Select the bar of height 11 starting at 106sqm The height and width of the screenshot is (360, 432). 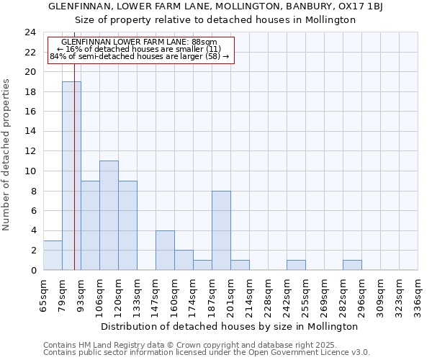pyautogui.click(x=109, y=215)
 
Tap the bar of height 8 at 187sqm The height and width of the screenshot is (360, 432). pyautogui.click(x=221, y=230)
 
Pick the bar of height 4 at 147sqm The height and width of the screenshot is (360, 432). pyautogui.click(x=165, y=250)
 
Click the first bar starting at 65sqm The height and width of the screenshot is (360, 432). pyautogui.click(x=53, y=255)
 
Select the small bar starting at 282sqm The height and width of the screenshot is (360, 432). pyautogui.click(x=352, y=265)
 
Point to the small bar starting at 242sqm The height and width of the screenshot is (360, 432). pyautogui.click(x=296, y=265)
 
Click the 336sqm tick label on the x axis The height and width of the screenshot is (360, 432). pyautogui.click(x=418, y=295)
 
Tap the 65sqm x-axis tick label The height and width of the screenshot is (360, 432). pyautogui.click(x=44, y=295)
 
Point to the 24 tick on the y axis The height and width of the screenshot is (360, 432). pyautogui.click(x=30, y=32)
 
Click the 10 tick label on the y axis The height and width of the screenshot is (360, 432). pyautogui.click(x=30, y=171)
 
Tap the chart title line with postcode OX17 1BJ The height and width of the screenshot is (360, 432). pyautogui.click(x=216, y=6)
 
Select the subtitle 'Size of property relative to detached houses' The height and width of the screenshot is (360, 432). pyautogui.click(x=216, y=20)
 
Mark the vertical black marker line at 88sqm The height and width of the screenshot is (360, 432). pyautogui.click(x=75, y=180)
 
